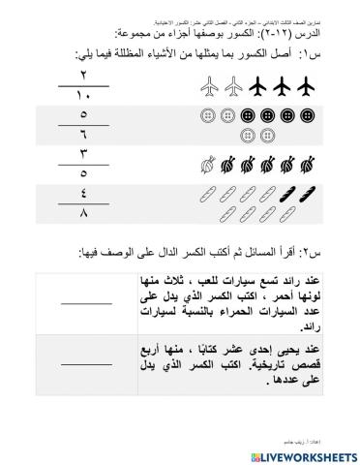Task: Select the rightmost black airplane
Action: (x=310, y=87)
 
